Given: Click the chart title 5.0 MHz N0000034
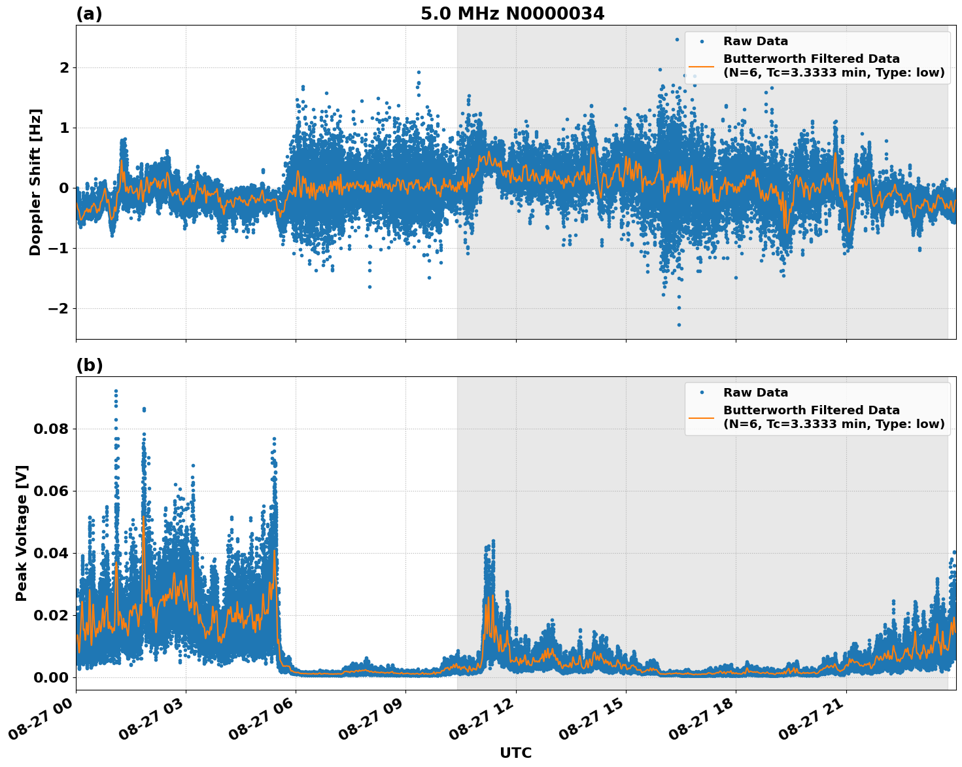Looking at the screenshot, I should [512, 14].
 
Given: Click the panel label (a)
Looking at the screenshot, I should [89, 14].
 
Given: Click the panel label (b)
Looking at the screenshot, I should [89, 365].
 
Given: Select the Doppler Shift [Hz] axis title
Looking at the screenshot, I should [35, 182].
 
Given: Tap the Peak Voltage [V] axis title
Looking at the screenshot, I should [22, 533].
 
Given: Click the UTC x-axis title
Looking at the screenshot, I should [515, 753].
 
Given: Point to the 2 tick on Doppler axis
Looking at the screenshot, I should [64, 67].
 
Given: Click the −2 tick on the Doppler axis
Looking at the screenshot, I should [58, 308].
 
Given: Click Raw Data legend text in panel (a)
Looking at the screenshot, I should [755, 41].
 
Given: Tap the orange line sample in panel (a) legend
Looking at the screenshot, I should [701, 66].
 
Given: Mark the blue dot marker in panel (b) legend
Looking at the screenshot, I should [701, 393].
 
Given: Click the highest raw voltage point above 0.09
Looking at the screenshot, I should [116, 391].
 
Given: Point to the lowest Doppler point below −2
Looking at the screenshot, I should [679, 325].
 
